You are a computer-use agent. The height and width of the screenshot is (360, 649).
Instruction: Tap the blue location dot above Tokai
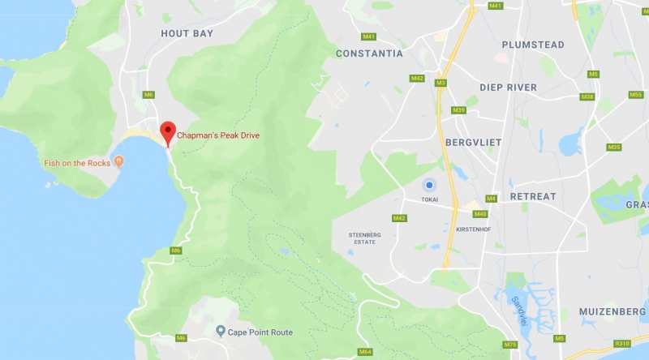click(429, 185)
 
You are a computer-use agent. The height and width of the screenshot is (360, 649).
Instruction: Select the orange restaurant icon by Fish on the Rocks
click(119, 163)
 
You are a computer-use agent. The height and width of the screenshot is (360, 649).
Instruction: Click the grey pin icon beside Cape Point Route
click(220, 332)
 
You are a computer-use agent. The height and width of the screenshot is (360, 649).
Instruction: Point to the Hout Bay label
click(187, 33)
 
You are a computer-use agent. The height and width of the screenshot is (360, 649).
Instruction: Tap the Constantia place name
click(369, 54)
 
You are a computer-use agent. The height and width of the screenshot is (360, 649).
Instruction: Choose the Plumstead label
click(532, 45)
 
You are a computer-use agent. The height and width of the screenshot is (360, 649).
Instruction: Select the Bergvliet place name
click(474, 142)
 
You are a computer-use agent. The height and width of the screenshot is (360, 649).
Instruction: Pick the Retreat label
click(533, 196)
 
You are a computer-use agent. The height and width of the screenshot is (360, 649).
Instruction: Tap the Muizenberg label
click(613, 311)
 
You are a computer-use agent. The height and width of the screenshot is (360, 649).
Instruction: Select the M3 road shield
click(441, 82)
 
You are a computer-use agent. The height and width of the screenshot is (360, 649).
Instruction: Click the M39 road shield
click(459, 110)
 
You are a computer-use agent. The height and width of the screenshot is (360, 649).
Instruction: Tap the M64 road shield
click(365, 352)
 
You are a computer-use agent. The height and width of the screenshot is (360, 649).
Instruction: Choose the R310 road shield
click(621, 344)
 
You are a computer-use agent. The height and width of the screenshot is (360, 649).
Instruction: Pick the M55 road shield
click(635, 95)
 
